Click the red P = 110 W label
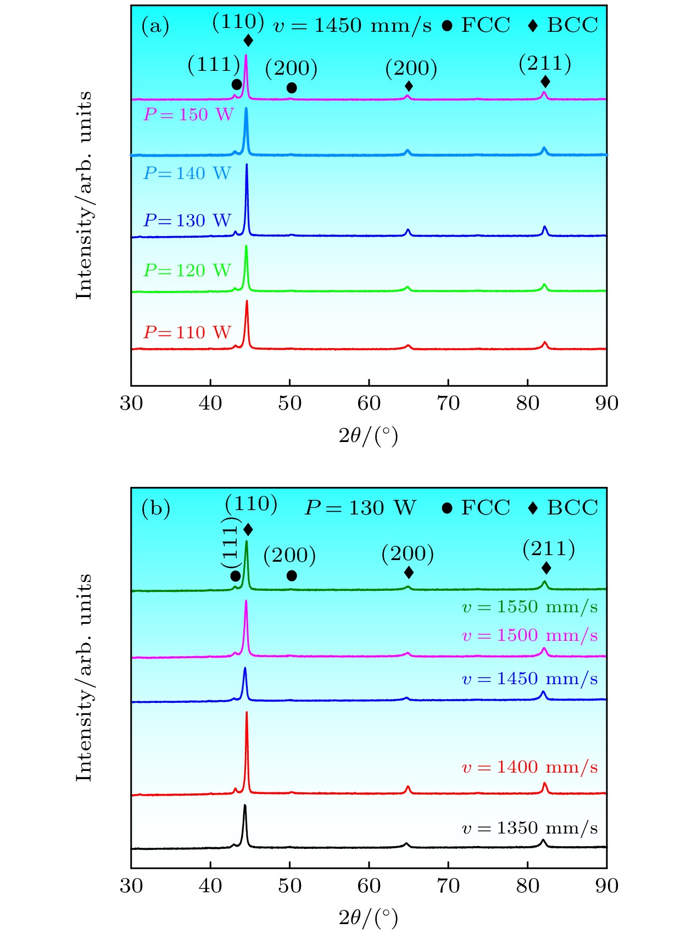(x=187, y=332)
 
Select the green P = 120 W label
(x=187, y=270)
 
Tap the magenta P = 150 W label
(x=188, y=115)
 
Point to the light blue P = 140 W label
(x=187, y=174)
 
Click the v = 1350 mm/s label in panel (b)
(x=530, y=828)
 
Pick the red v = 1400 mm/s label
(x=530, y=767)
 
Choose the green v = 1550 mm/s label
(x=530, y=607)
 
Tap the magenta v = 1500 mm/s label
(x=530, y=635)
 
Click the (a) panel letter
(x=155, y=26)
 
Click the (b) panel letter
(x=155, y=508)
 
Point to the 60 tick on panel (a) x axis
(x=369, y=404)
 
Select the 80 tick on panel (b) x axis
(x=528, y=886)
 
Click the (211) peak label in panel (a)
(x=545, y=64)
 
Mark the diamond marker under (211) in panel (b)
(x=546, y=568)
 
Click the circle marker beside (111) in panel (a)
(x=237, y=85)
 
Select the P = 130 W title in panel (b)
(x=360, y=508)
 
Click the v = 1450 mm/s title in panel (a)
(x=353, y=25)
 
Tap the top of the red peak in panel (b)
(x=247, y=712)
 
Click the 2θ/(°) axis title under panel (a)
(x=369, y=436)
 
